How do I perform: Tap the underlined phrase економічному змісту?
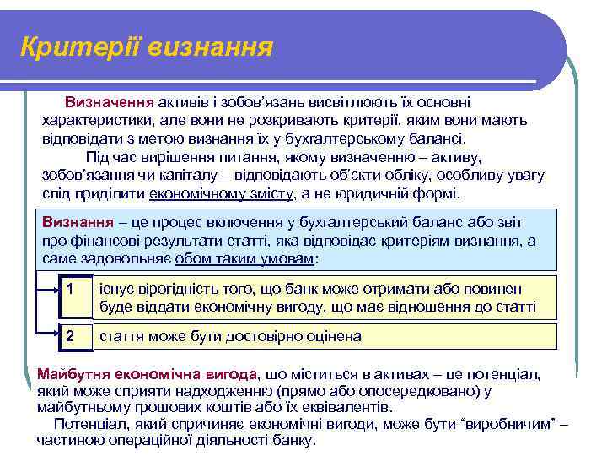[222, 193]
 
